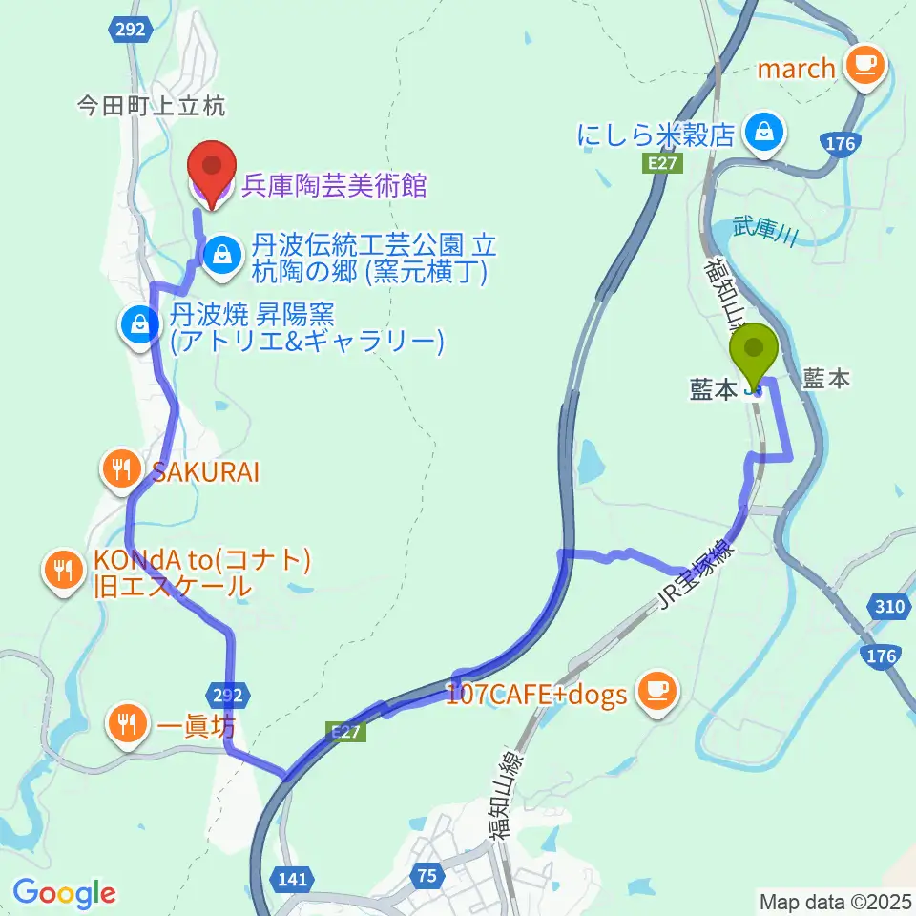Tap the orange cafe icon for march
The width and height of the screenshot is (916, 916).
866,66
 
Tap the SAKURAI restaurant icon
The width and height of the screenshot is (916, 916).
120,469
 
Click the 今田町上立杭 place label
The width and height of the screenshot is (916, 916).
151,107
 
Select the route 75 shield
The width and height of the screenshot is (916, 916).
429,874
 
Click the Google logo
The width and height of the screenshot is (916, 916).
64,893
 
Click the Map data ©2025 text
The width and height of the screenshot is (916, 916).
834,901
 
